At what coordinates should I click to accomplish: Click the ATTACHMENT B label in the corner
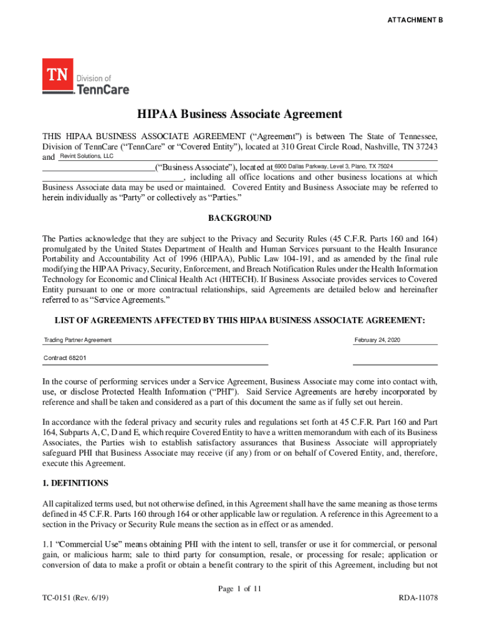pos(416,21)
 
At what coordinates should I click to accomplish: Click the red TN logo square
pos(57,74)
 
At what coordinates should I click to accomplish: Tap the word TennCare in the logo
pos(102,89)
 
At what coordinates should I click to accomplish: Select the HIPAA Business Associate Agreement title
pos(240,114)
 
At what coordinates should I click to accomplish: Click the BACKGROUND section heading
pos(239,218)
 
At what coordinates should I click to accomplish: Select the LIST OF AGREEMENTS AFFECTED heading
pos(240,321)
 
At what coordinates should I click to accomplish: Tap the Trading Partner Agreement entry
pos(78,340)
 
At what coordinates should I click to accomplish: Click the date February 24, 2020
pos(377,340)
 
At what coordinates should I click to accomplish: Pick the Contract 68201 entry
pos(65,359)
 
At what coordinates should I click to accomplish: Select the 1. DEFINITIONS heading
pos(75,484)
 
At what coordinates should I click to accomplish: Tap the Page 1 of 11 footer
pos(239,588)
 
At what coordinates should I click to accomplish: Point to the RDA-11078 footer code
pos(418,598)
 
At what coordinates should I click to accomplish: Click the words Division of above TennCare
pos(94,78)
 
